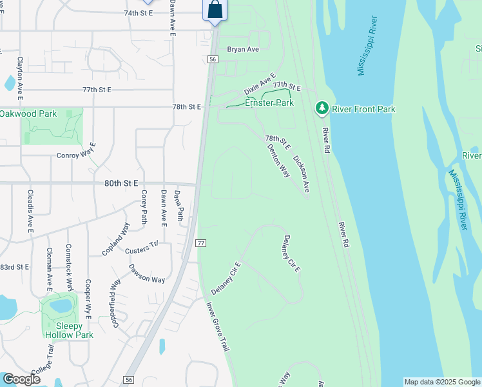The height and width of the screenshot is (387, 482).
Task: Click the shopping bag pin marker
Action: pos(215,10)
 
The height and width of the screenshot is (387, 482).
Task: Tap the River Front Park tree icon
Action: pos(322,109)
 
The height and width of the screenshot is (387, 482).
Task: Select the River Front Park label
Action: pos(363,110)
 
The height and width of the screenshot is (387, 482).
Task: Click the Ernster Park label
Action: pos(269,103)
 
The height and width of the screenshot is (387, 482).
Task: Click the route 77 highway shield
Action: pos(200,243)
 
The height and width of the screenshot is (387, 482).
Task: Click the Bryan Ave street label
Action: pos(243,49)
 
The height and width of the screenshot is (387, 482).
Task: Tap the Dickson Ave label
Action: pos(302,174)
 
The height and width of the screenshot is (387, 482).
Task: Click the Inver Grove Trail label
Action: pos(218,327)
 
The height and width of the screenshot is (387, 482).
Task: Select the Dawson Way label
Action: pos(146,274)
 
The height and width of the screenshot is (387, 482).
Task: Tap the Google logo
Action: pos(21,379)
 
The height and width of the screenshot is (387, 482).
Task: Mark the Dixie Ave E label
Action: pos(259,84)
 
